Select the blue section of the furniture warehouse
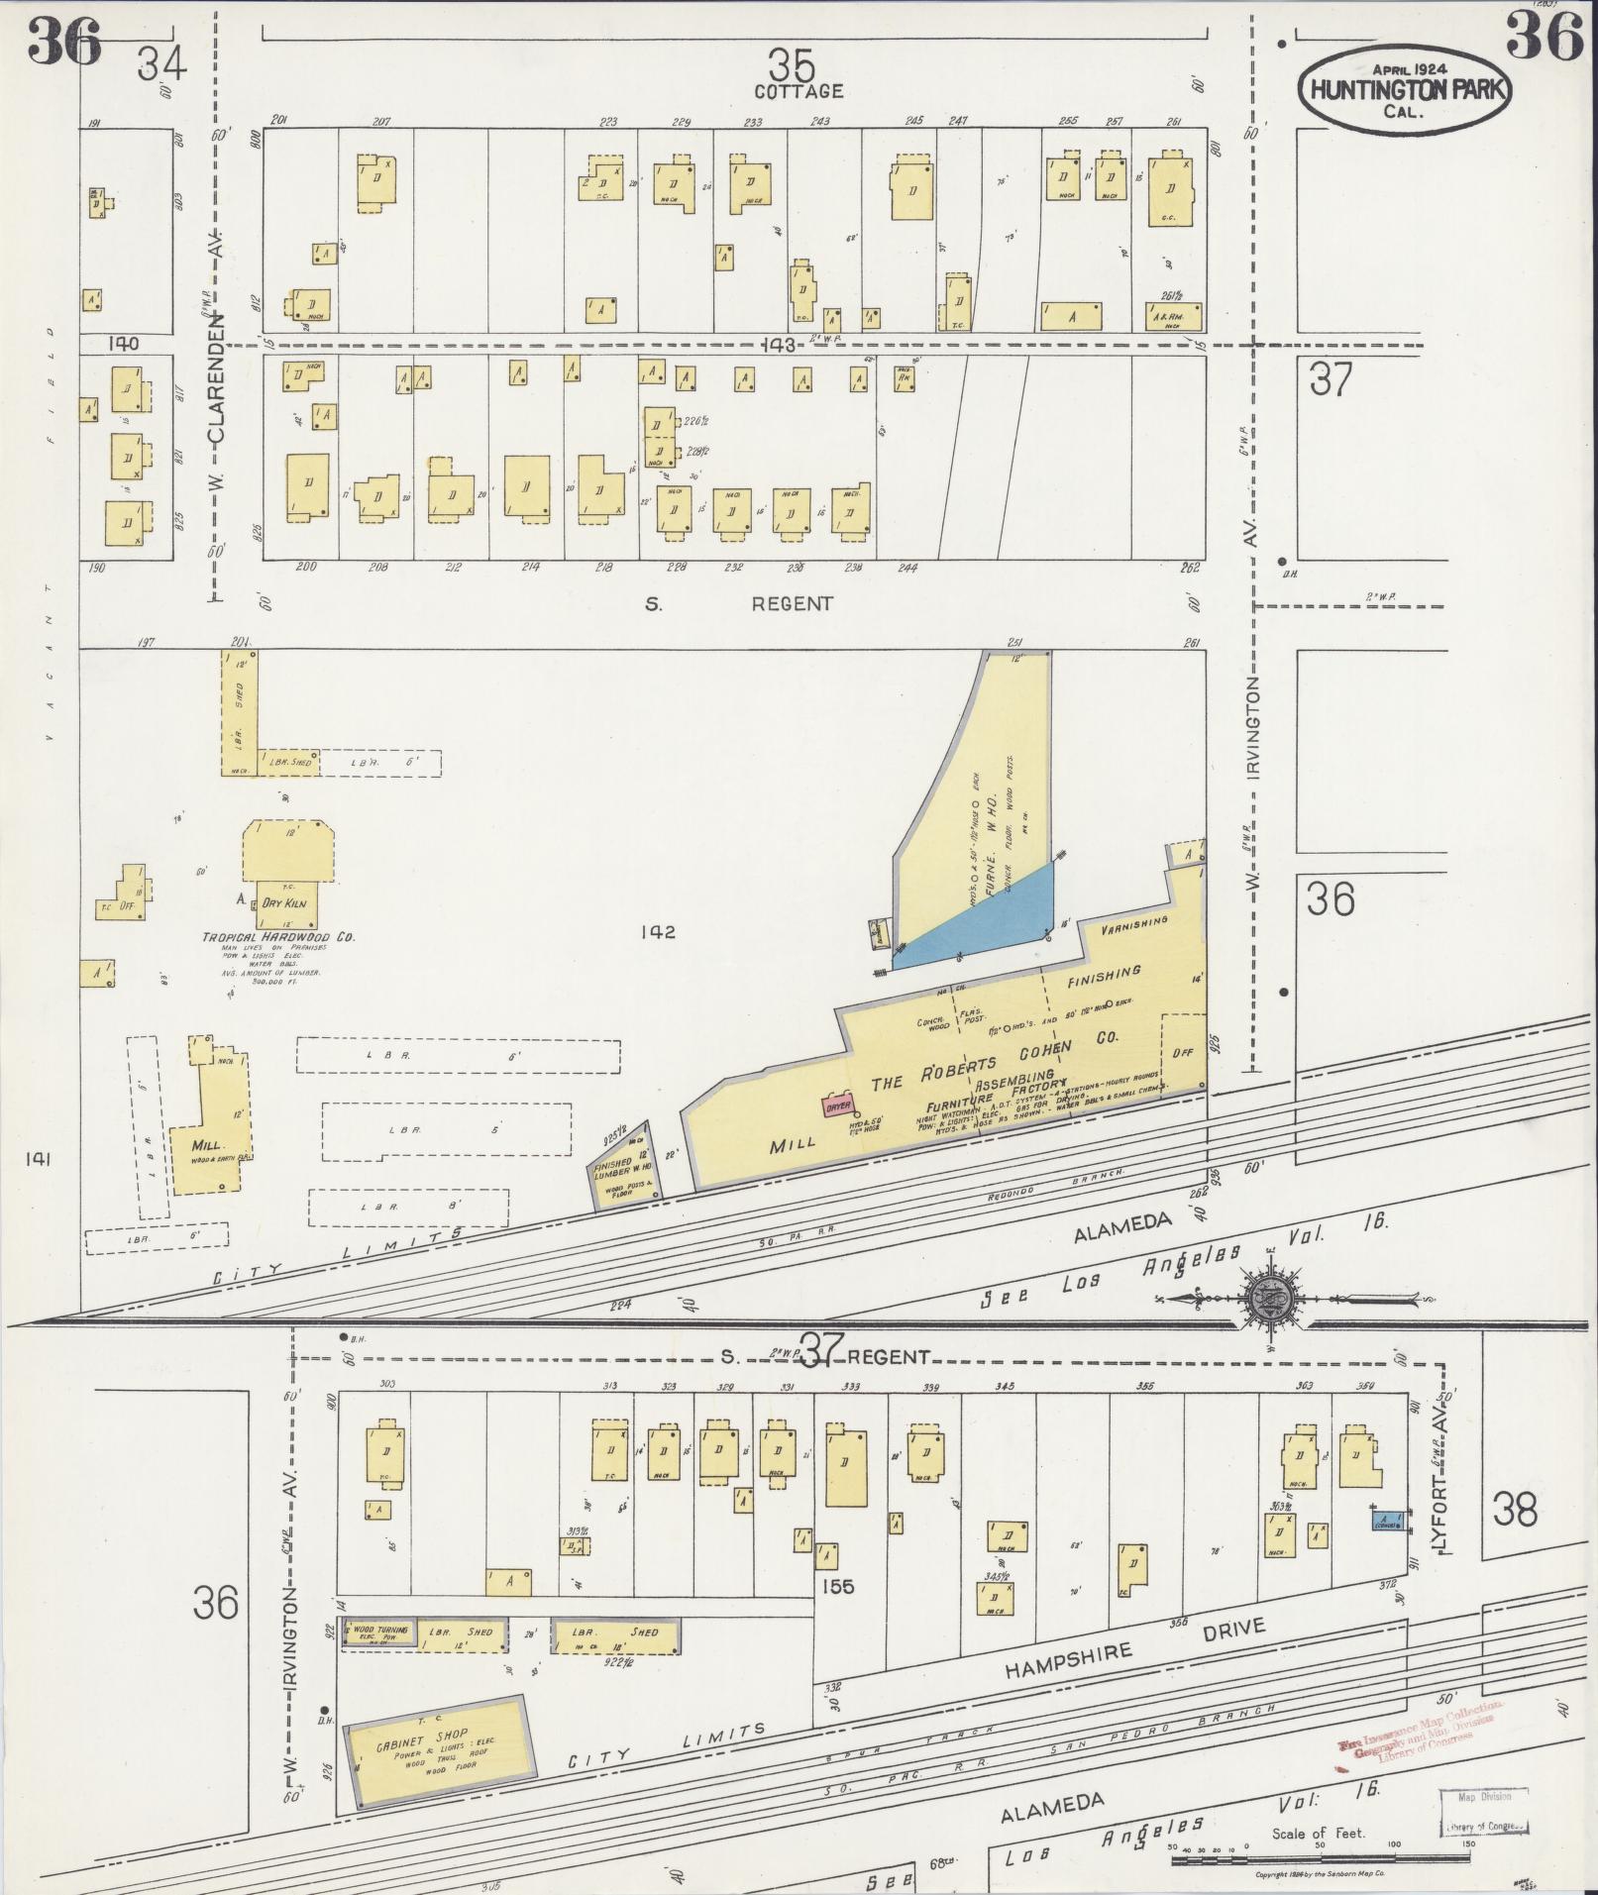[976, 916]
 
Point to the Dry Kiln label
[283, 903]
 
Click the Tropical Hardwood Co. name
[278, 937]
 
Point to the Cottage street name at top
[799, 91]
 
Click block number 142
[657, 932]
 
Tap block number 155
[838, 1586]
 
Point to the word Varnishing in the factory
[1133, 926]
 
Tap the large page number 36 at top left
[64, 42]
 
